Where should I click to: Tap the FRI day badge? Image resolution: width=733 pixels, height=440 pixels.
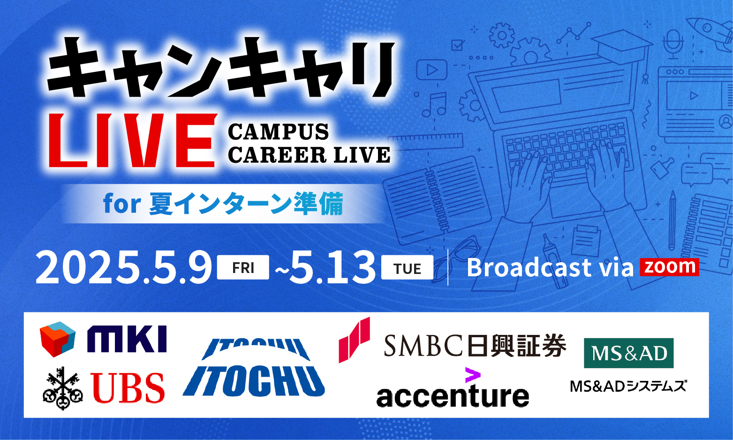coord(243,267)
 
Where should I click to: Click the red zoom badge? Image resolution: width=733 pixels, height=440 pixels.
coord(670,267)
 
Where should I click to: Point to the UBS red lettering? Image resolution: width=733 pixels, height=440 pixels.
coord(128,388)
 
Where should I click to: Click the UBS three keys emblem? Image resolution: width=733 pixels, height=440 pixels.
coord(62,388)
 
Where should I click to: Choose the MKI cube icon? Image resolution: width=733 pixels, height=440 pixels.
coord(58,339)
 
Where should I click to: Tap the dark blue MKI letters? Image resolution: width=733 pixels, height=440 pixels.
coord(127,339)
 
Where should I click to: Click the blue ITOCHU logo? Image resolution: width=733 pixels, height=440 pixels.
coord(254,367)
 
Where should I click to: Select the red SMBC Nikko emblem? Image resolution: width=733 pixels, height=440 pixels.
coord(354,340)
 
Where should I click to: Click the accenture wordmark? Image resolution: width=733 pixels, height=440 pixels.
coord(453,395)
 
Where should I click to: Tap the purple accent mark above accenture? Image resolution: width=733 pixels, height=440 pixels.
coord(473,375)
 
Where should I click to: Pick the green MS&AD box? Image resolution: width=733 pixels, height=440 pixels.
coord(628,353)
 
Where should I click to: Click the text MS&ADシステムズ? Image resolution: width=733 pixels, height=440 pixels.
coord(628,386)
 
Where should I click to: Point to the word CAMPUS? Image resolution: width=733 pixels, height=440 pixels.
coord(278,132)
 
